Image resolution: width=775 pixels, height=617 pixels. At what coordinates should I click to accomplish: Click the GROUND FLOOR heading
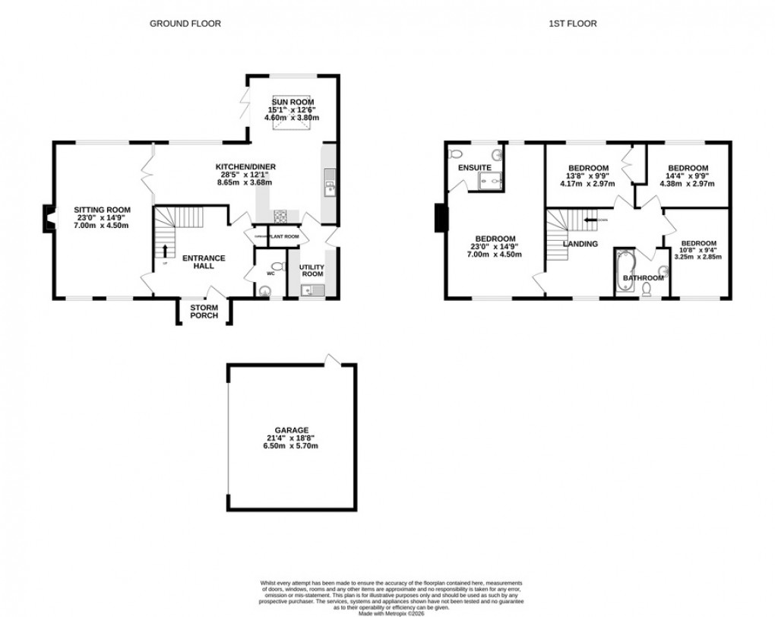pos(185,24)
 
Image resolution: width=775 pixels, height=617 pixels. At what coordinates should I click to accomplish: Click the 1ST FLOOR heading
pos(572,24)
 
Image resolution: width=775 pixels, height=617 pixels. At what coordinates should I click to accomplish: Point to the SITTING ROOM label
pos(102,210)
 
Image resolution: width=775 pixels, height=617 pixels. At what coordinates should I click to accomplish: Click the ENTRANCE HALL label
pos(204,262)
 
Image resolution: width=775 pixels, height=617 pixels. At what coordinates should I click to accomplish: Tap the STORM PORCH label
pos(204,312)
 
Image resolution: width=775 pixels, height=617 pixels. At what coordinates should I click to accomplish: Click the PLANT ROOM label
pos(283,237)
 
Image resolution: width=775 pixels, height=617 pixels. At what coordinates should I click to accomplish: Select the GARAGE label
pos(292,430)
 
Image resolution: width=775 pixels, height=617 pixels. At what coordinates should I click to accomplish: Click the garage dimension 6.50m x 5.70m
pos(292,446)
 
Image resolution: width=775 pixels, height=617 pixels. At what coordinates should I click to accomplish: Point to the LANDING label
pos(580,244)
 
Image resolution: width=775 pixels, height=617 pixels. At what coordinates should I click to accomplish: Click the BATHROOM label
pos(643,278)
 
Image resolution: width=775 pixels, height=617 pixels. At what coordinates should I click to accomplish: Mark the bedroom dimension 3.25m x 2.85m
pos(697,257)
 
